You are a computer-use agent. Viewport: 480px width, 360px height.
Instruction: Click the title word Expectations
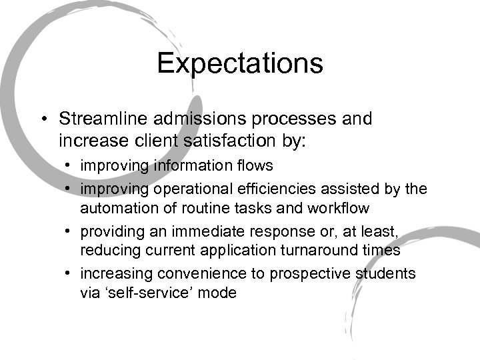pos(240,64)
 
